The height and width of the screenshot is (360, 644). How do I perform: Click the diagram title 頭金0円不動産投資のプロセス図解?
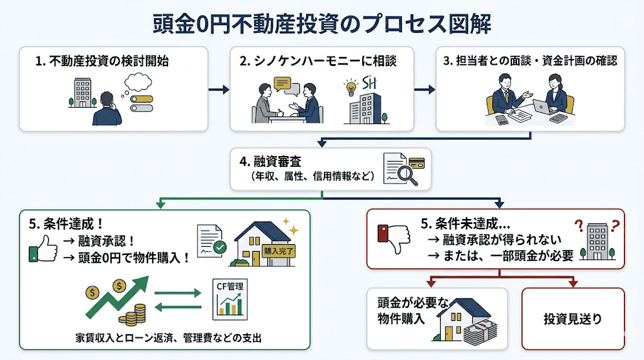tap(322, 23)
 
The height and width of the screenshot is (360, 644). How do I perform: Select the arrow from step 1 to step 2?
tap(218, 89)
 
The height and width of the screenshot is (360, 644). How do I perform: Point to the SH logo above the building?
tap(370, 84)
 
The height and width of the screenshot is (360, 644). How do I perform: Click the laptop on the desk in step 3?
tap(541, 106)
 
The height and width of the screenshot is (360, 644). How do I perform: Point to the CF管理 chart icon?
tap(228, 298)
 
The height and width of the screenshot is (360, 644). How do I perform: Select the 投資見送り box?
tap(572, 318)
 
